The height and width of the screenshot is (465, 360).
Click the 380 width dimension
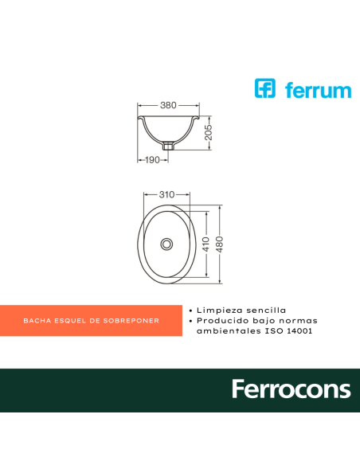tap(167, 105)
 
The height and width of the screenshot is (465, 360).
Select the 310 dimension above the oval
tap(167, 194)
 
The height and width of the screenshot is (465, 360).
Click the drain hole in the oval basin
tap(167, 244)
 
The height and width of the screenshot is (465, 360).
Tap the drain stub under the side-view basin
tap(167, 146)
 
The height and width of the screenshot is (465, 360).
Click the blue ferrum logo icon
tap(265, 88)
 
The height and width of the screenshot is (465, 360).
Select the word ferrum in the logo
tap(318, 90)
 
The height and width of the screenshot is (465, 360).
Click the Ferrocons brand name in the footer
tap(291, 389)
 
